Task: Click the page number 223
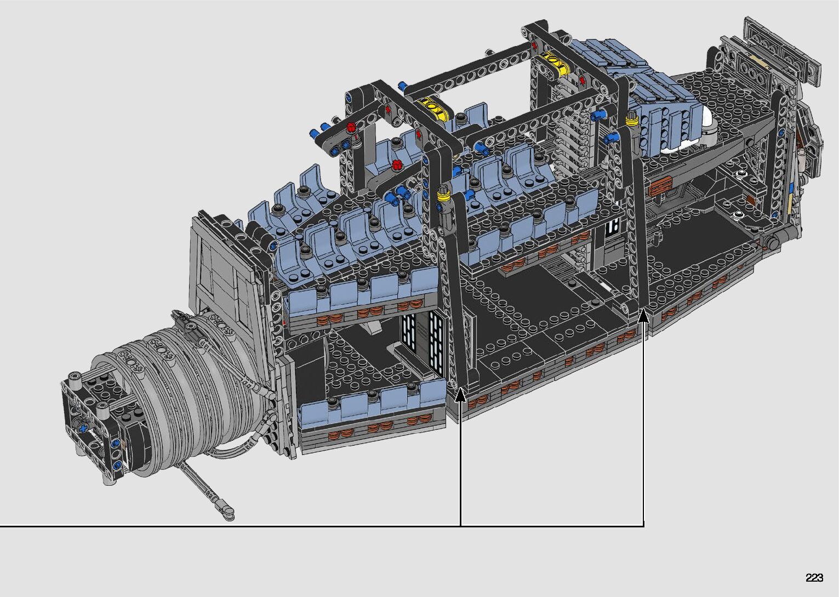(x=814, y=577)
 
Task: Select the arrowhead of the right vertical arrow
(x=643, y=315)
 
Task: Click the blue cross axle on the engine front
(x=83, y=428)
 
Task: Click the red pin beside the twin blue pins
(x=351, y=127)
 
